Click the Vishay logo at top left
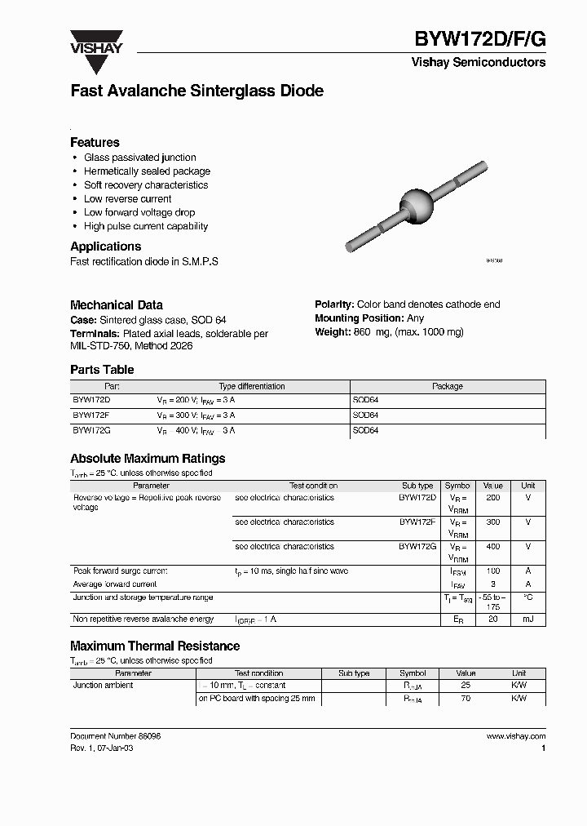click(x=95, y=42)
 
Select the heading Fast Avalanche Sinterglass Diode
click(x=196, y=91)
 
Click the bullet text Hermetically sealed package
click(x=147, y=171)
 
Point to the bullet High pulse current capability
click(x=146, y=226)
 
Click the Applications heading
click(x=105, y=246)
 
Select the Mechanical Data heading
click(x=116, y=304)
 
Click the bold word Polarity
click(x=333, y=304)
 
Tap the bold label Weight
click(x=333, y=332)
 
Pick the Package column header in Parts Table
click(x=447, y=386)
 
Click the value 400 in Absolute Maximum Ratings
click(x=492, y=547)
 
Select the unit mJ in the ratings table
click(x=527, y=620)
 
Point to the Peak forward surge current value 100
click(x=492, y=571)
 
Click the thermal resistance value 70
click(x=466, y=699)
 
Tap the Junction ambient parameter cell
click(x=104, y=686)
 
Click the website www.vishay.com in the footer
click(x=515, y=736)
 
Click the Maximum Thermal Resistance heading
click(x=155, y=646)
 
